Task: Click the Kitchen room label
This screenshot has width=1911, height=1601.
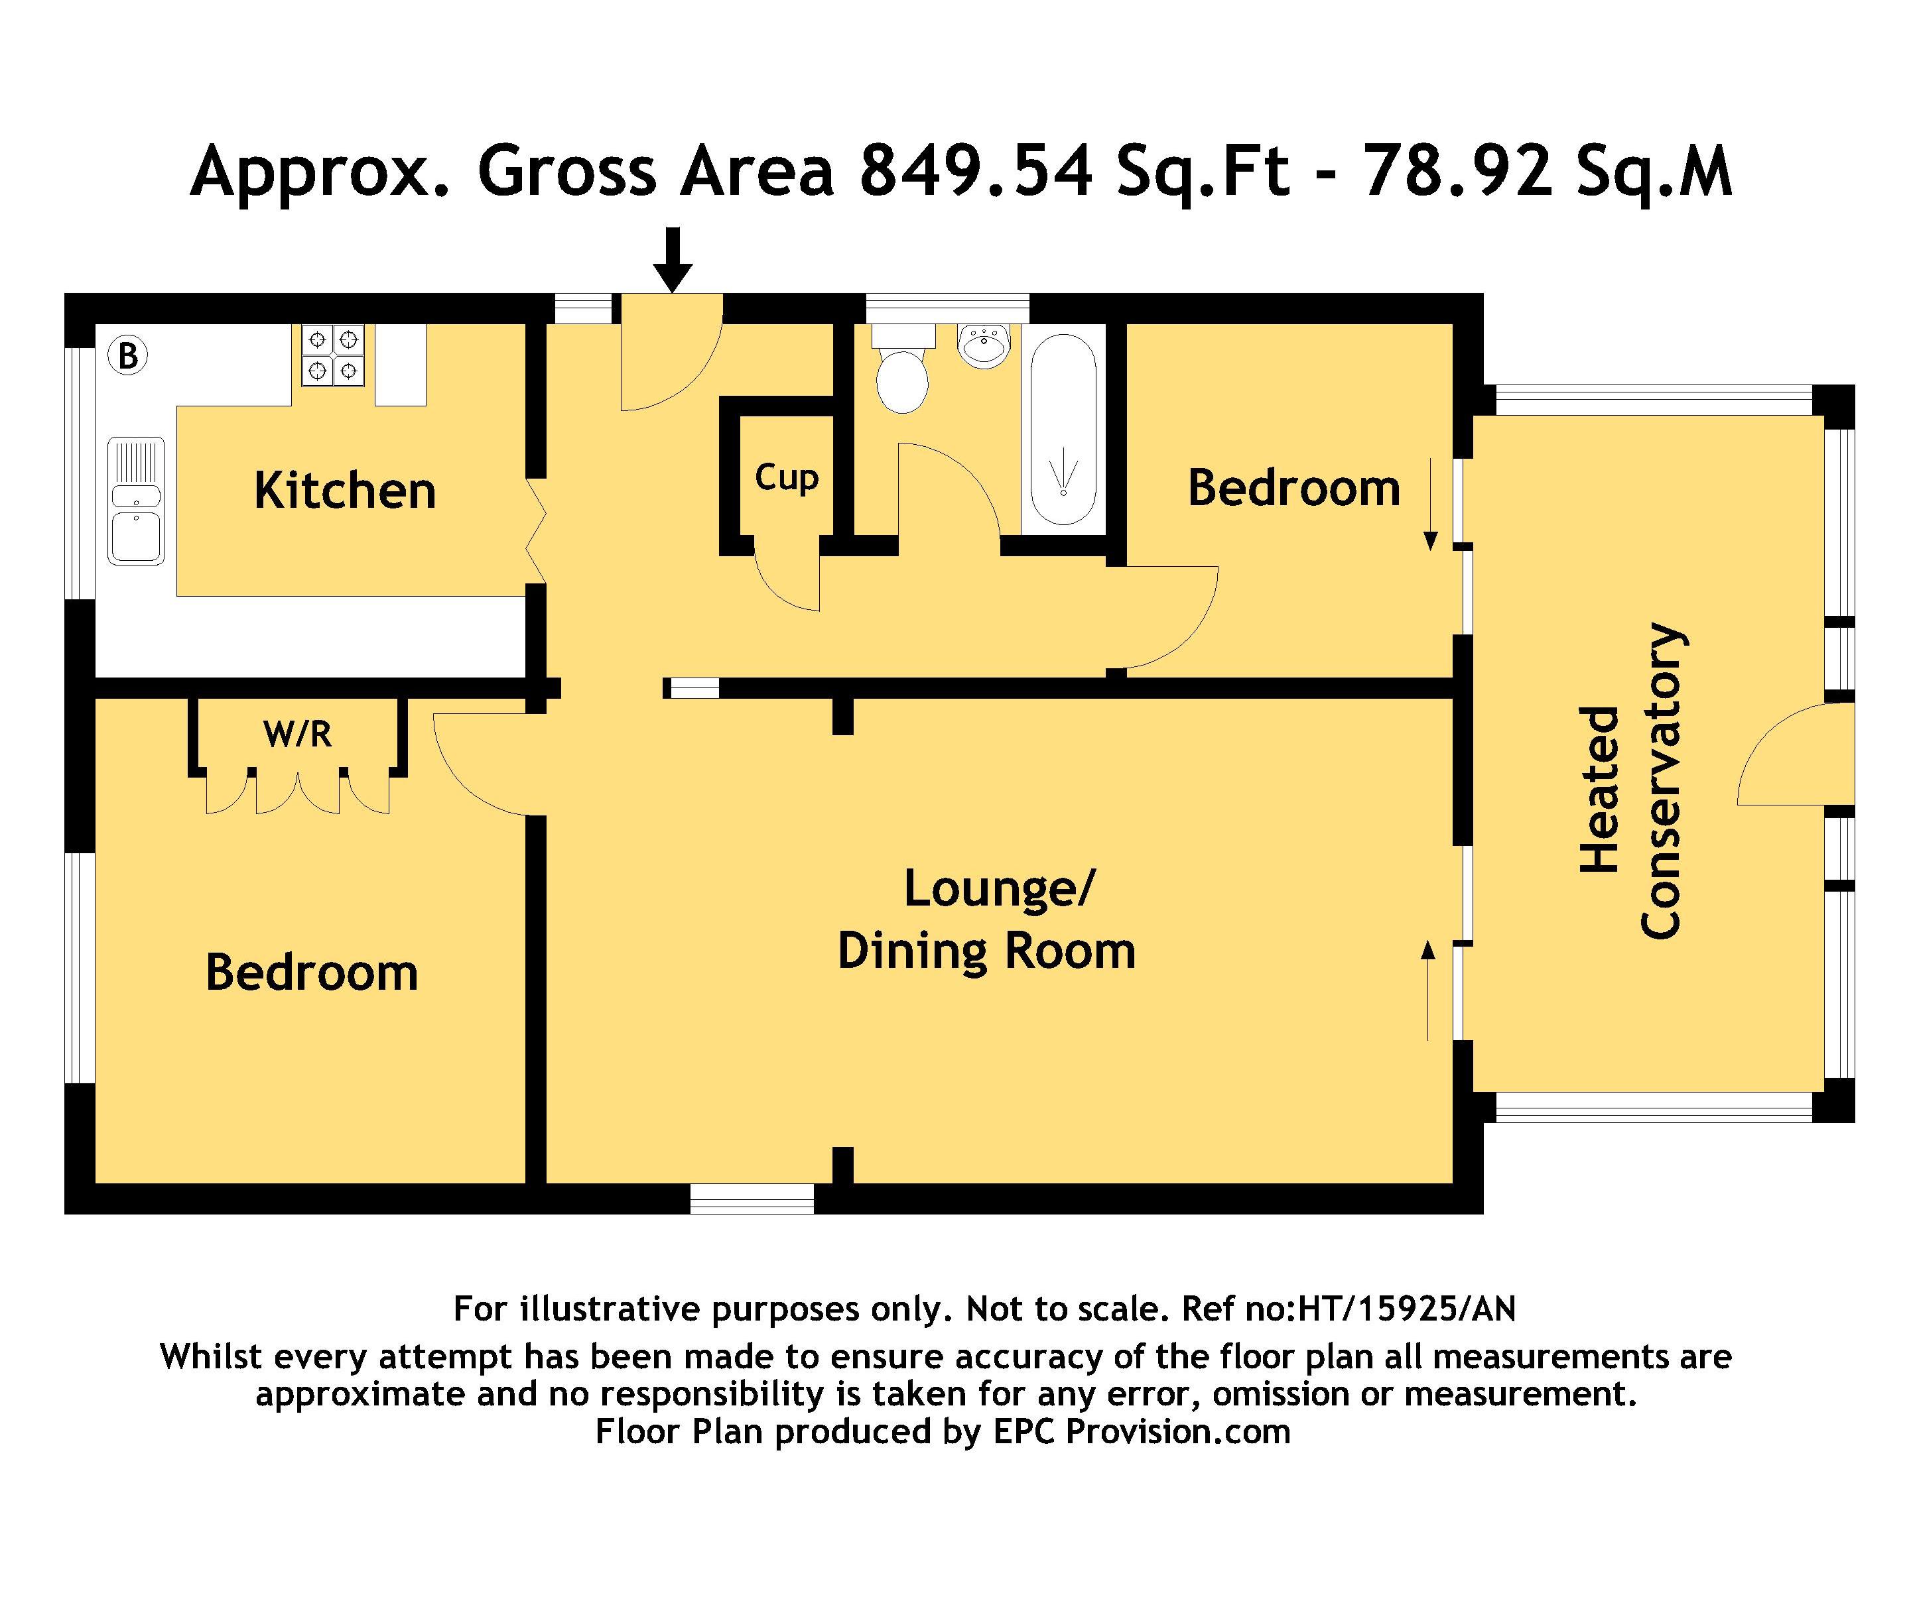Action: [345, 491]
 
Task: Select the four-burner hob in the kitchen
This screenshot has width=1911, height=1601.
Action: [333, 356]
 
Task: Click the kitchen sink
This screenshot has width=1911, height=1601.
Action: [137, 501]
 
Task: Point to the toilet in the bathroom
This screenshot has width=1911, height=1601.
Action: [903, 369]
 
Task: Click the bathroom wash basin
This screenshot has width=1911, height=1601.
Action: [984, 345]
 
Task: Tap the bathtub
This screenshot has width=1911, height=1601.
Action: [1062, 430]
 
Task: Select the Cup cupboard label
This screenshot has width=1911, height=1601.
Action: [786, 477]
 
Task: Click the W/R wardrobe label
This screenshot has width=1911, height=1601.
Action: [298, 733]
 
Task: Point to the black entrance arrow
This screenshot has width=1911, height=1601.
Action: [673, 260]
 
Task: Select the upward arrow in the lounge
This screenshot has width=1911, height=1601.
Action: [1428, 990]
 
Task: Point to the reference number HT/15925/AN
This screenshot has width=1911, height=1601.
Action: [1408, 1309]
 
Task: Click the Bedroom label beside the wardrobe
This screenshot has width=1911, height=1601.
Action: [312, 973]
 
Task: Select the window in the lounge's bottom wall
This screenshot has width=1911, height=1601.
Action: [752, 1199]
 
